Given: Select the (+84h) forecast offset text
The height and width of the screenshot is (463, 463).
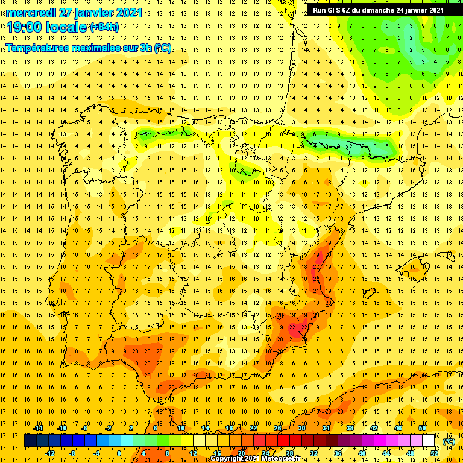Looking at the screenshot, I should point(104,27).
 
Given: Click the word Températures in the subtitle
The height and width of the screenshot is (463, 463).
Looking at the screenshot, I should point(37,48).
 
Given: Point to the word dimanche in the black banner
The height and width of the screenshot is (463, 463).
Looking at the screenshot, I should point(377,10).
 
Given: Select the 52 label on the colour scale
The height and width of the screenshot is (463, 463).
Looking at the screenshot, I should point(434,453).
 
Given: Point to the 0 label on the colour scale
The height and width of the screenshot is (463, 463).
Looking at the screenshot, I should point(119,453).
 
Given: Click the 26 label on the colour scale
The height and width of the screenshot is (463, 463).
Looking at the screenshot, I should point(277,428).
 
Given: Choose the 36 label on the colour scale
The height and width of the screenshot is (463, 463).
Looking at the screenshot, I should point(338,453).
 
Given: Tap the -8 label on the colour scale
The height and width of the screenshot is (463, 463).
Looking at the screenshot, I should point(72,453).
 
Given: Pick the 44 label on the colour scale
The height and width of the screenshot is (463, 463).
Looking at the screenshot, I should point(386,453).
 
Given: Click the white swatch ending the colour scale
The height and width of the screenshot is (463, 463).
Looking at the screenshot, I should point(428,441).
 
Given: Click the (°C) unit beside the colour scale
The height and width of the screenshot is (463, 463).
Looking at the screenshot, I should point(449,442).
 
